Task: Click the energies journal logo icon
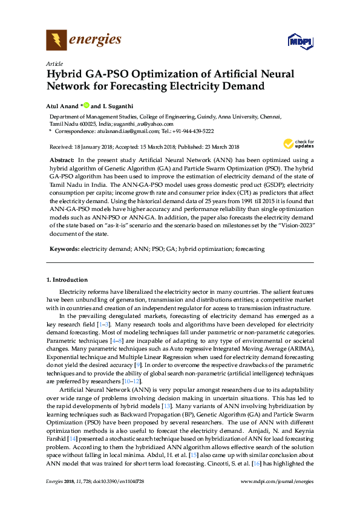tap(56, 41)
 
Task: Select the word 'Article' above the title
tap(54, 63)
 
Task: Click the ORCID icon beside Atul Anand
tap(86, 106)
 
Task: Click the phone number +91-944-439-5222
tap(191, 131)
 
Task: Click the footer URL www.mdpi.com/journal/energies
tap(277, 481)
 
